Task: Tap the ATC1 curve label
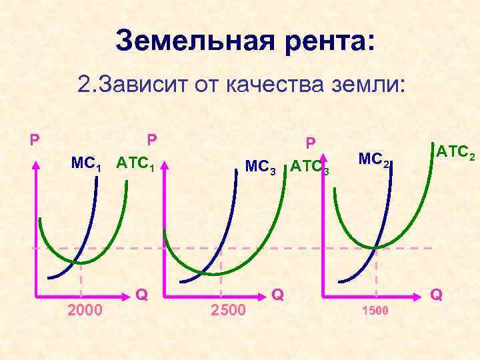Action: tap(136, 163)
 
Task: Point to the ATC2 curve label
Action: tap(454, 153)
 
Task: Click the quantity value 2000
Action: tap(85, 310)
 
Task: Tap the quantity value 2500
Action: tap(228, 310)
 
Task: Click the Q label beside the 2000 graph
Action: tap(141, 294)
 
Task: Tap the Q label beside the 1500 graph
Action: tap(437, 294)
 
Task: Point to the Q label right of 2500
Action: tap(279, 294)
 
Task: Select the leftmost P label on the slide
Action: tap(34, 141)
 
